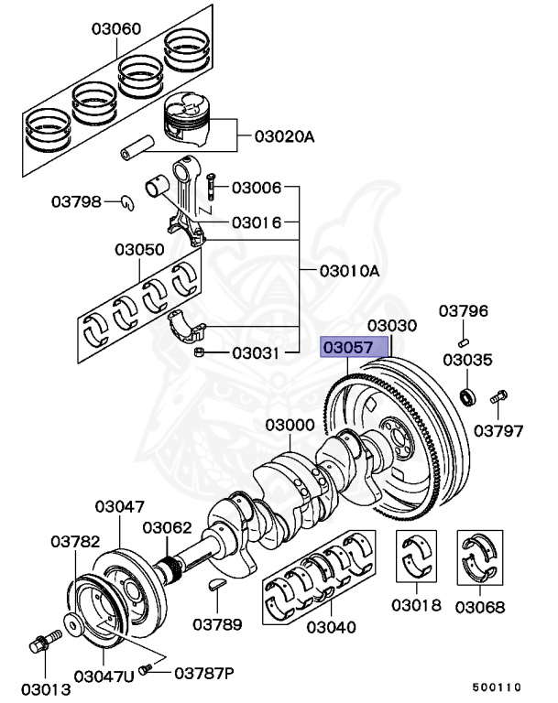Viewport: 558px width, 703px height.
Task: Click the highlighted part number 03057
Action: (x=352, y=349)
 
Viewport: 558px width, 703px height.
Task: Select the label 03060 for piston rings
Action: (x=115, y=29)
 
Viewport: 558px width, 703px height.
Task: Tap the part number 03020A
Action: (x=284, y=137)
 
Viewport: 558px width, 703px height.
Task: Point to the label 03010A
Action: (x=348, y=271)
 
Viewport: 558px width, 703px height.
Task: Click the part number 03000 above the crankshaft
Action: (x=290, y=426)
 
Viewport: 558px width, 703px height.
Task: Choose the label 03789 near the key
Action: (x=217, y=625)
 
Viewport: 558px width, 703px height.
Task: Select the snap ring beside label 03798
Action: (x=130, y=202)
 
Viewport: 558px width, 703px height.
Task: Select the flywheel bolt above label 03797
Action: (x=500, y=397)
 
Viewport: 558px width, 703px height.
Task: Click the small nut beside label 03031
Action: (x=198, y=352)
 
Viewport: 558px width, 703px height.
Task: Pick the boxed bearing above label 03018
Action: (x=417, y=557)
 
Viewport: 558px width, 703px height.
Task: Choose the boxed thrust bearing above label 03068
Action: (x=483, y=557)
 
